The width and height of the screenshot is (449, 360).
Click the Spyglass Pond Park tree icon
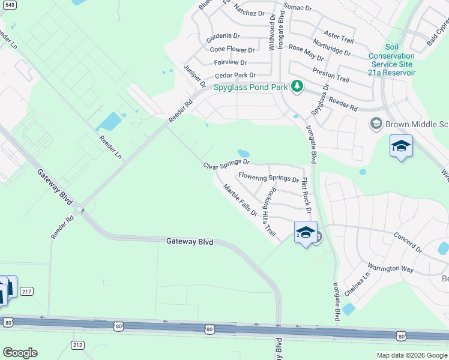point(296,87)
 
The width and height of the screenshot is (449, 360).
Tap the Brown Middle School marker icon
point(376,124)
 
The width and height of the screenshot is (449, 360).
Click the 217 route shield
point(26,292)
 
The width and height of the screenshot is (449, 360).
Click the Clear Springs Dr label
point(226,164)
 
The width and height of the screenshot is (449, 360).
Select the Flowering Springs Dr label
point(268,178)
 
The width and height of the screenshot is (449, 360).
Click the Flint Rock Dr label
point(306,194)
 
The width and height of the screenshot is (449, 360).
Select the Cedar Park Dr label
point(235,76)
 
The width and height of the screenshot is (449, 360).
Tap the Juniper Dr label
point(194,75)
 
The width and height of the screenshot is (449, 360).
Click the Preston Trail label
point(331,75)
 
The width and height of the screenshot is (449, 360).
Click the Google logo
point(20,353)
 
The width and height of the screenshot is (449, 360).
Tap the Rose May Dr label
point(306,53)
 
